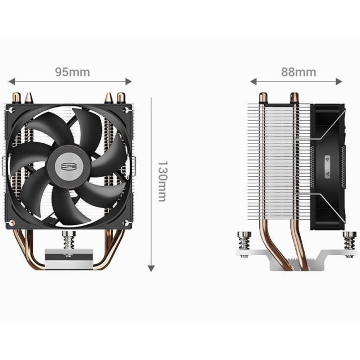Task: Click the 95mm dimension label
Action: point(73,72)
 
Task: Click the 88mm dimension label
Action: point(299,72)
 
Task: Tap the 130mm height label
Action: point(163,181)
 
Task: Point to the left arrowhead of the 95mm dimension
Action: point(12,81)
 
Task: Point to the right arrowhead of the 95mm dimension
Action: point(128,81)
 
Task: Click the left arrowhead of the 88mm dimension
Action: point(253,81)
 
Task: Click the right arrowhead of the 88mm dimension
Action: point(339,81)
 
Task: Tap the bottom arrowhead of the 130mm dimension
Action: point(151,269)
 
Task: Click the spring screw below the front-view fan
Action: point(69,240)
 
